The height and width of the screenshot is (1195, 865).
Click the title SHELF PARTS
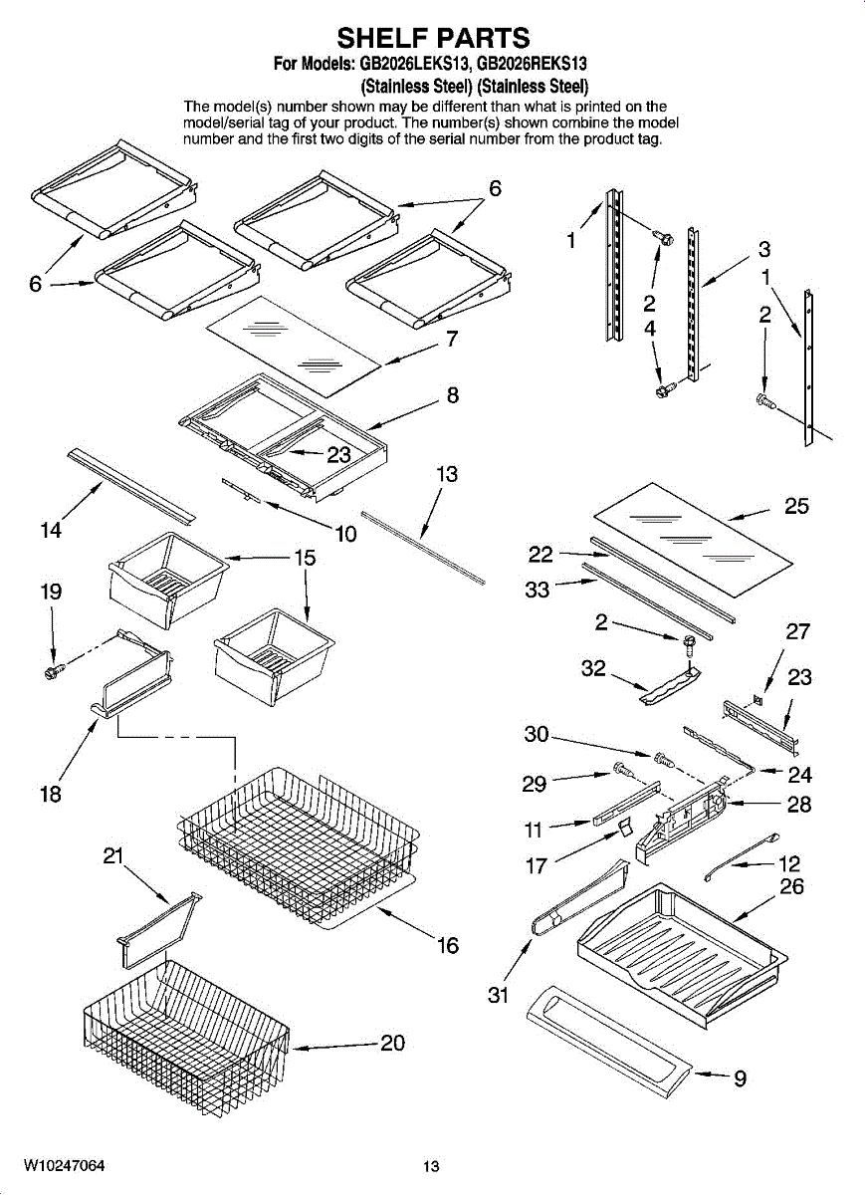point(432,38)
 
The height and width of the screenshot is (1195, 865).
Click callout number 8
point(452,395)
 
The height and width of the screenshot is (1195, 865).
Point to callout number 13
point(447,475)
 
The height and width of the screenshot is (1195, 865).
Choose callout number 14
point(51,531)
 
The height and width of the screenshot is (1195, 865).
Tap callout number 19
point(51,592)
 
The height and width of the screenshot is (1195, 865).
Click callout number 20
point(393,1043)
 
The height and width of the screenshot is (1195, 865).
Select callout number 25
point(796,506)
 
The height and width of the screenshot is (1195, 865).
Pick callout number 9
point(740,1078)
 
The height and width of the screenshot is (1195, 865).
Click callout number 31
point(499,994)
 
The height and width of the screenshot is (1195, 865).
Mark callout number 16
point(448,945)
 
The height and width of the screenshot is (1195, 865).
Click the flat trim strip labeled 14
point(130,483)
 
